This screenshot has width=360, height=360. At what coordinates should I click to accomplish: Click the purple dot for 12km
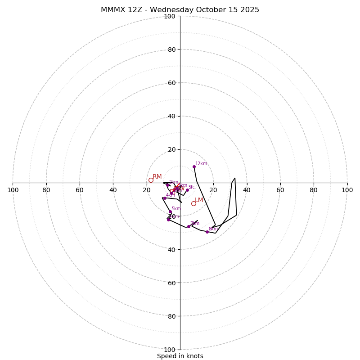coord(194,166)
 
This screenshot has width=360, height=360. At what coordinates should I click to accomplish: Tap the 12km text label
coord(201,164)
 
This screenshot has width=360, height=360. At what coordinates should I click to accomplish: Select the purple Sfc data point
coord(187,190)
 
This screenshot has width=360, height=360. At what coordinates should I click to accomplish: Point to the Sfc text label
coord(192,187)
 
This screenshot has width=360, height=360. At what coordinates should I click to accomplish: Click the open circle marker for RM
coord(151,180)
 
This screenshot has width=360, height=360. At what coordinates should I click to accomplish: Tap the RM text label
coord(157,177)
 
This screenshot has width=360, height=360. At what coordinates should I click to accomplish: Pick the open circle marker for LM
coord(193,203)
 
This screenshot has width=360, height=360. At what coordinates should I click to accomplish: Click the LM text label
coord(199,200)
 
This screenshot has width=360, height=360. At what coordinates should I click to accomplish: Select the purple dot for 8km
coord(207,232)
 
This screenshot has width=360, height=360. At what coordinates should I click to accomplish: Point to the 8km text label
coord(213,229)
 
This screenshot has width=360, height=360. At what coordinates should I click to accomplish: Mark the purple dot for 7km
coord(189,226)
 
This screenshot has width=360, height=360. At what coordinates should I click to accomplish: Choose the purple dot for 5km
coord(170,211)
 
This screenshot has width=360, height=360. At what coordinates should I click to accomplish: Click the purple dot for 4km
coord(165,198)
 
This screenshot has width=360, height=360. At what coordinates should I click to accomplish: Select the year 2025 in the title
coord(249,10)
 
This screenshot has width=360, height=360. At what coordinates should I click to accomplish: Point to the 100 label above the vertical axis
coord(169,16)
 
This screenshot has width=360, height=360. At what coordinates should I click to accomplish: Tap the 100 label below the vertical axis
coord(169,350)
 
